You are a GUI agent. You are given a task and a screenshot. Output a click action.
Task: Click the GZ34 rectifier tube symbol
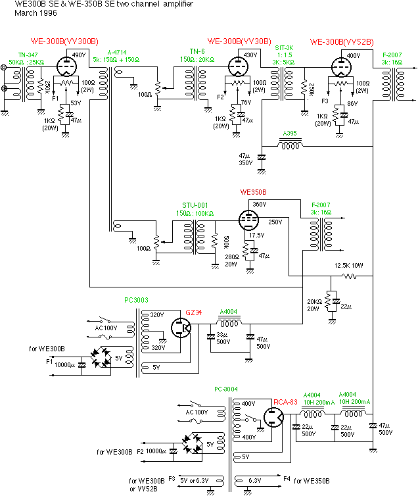pyautogui.click(x=179, y=328)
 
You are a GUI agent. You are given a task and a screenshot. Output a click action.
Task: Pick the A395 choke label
pyautogui.click(x=289, y=134)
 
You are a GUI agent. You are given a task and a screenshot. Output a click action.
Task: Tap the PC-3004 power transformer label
pyautogui.click(x=225, y=389)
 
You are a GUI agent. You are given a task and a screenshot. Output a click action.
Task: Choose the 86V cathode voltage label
pyautogui.click(x=352, y=103)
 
